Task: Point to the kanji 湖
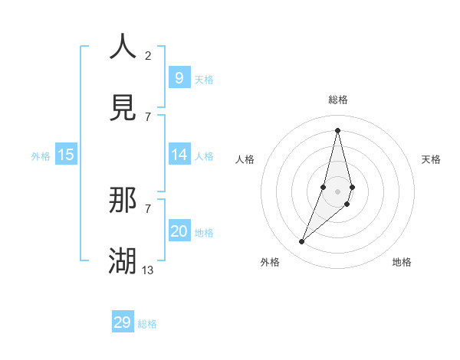pos(123,260)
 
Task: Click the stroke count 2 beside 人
pos(148,55)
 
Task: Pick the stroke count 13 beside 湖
pos(148,270)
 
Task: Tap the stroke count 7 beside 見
pos(148,116)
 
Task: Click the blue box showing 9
pos(179,77)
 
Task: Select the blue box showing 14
pos(179,155)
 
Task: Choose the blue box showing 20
pos(179,231)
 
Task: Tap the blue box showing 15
pos(66,155)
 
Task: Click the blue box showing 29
pos(123,322)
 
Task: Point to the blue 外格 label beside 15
pos(41,156)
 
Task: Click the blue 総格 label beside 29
pos(147,324)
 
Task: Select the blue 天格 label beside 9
pos(204,80)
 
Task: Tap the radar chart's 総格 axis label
pos(338,100)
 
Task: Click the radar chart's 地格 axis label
pos(402,262)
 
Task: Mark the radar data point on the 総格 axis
pos(337,129)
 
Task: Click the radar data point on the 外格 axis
pos(302,242)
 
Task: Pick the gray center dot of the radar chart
pos(337,191)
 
